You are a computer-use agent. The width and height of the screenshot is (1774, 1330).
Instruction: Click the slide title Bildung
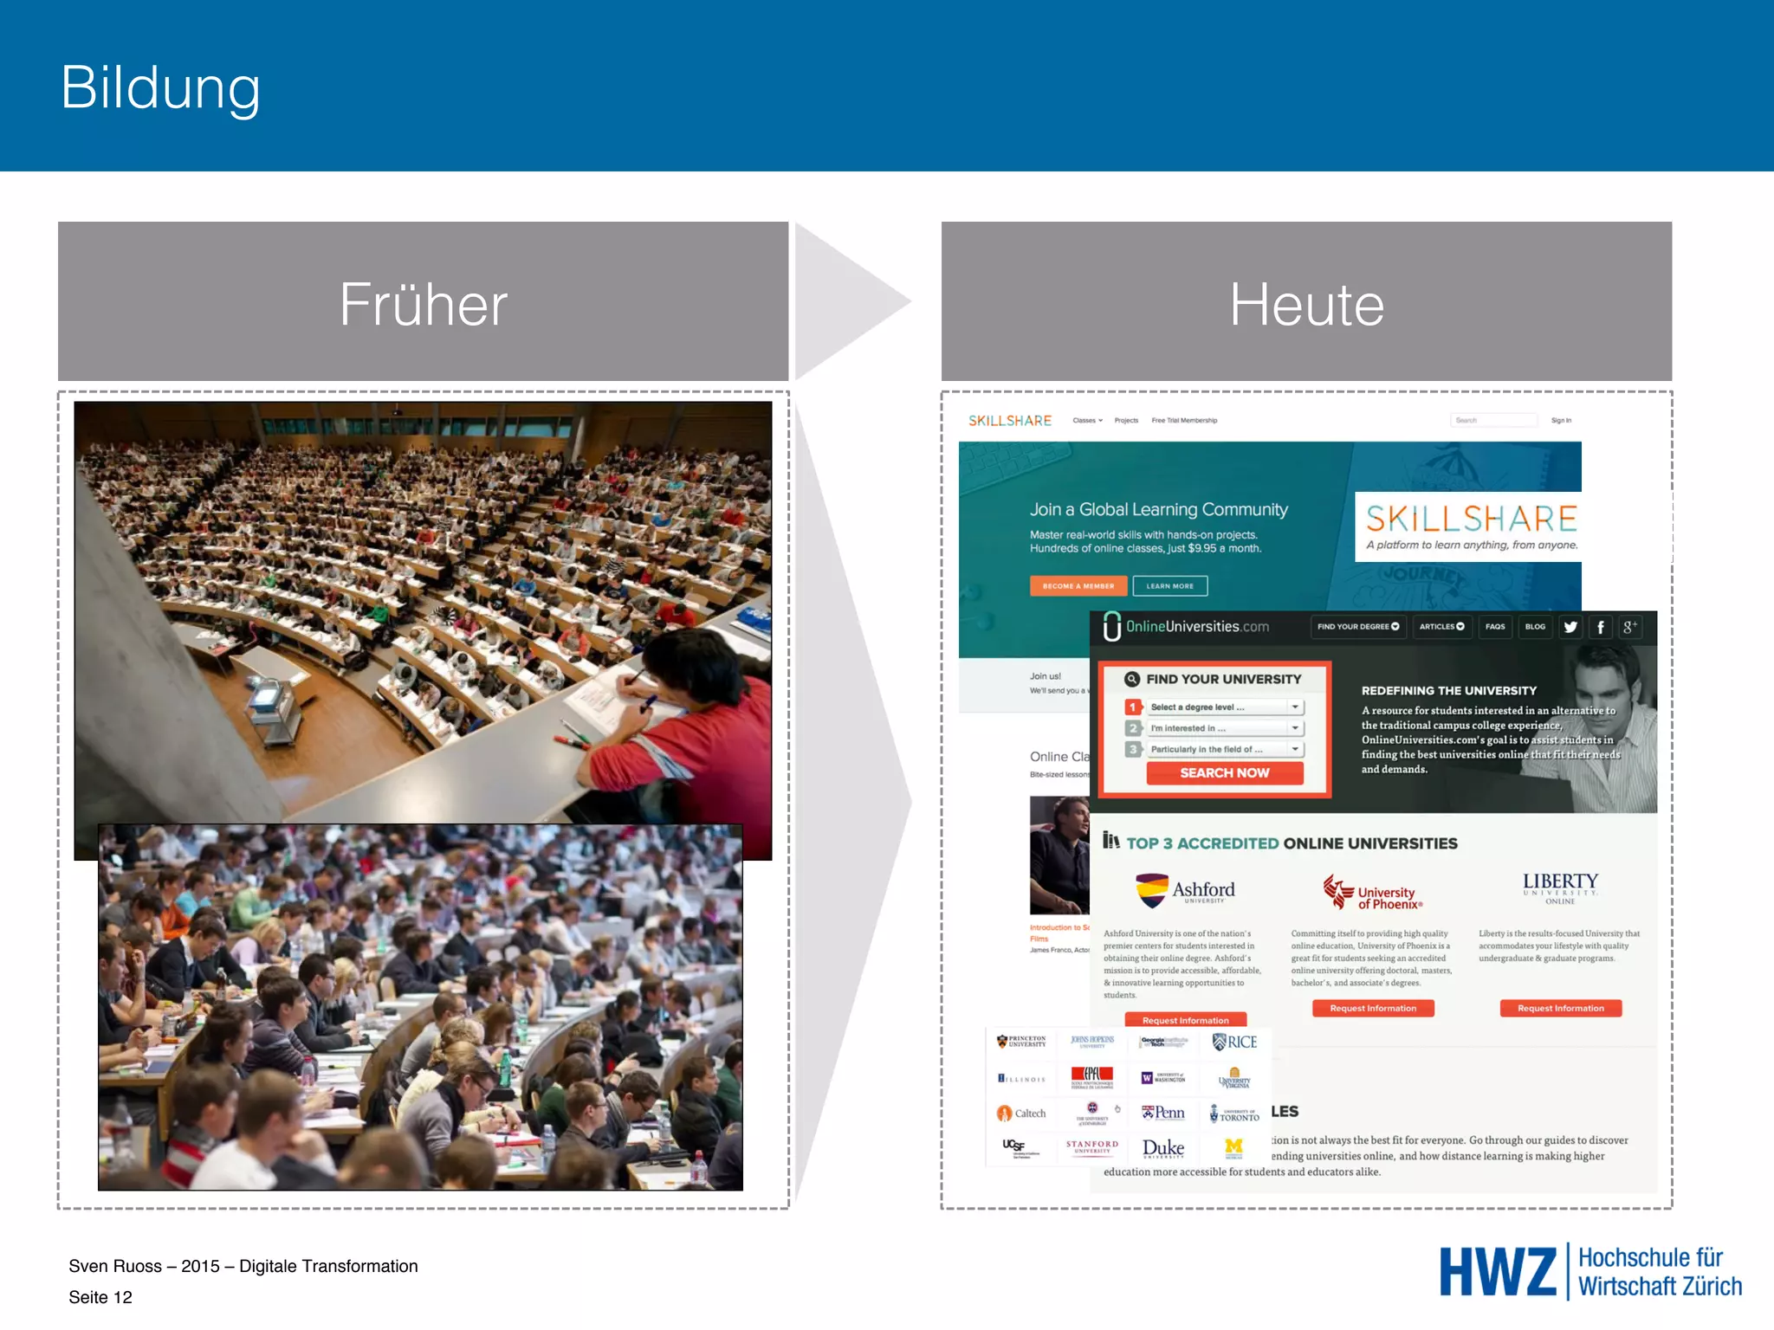click(160, 88)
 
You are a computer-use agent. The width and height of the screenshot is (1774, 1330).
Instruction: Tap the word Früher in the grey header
click(423, 304)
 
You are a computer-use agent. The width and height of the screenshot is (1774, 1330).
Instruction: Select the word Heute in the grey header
click(1306, 304)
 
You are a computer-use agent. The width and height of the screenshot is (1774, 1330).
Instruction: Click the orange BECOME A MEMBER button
click(1078, 586)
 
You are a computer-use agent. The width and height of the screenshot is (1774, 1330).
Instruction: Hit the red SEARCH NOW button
click(1224, 772)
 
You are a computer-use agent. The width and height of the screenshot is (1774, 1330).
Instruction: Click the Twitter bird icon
click(1570, 627)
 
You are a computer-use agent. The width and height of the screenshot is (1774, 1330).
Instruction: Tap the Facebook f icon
click(1601, 627)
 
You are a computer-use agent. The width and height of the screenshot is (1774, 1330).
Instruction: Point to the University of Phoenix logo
click(1373, 893)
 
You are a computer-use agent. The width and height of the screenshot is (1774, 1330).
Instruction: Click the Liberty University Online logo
click(1560, 888)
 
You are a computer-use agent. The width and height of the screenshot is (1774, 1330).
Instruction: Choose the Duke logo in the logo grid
click(1162, 1148)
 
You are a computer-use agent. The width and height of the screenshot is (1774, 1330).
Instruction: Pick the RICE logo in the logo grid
click(1235, 1043)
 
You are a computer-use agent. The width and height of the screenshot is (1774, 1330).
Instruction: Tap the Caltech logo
click(1021, 1114)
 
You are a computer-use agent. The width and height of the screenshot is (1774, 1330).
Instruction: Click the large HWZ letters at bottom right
click(1498, 1272)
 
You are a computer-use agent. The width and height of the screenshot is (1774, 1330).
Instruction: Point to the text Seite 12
click(100, 1297)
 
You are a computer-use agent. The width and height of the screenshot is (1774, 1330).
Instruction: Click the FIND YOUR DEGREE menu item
click(1357, 627)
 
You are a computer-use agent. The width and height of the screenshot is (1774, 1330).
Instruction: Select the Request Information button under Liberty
click(1560, 1008)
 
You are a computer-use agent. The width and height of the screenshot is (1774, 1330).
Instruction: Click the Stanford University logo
click(1091, 1146)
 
